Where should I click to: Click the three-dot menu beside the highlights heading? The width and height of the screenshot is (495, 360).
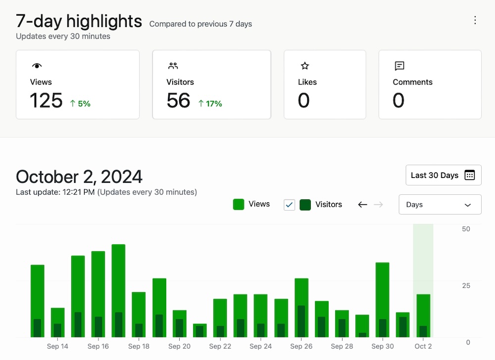tap(475, 20)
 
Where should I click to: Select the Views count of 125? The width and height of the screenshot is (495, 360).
tap(46, 100)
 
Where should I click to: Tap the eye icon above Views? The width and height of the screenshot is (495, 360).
tap(37, 66)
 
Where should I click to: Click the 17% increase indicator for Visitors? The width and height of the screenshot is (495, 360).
tap(210, 103)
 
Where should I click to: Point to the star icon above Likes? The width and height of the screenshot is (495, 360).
tap(305, 66)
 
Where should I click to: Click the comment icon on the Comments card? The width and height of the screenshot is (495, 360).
tap(399, 66)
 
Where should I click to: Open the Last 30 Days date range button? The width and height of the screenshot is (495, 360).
tap(443, 175)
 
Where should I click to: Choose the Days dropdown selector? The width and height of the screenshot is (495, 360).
tap(440, 205)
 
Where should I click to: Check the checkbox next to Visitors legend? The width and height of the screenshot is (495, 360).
tap(290, 205)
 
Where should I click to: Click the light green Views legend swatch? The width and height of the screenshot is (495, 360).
tap(239, 204)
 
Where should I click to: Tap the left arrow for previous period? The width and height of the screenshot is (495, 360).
tap(363, 205)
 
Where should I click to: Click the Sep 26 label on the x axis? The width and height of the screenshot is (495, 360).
tap(301, 346)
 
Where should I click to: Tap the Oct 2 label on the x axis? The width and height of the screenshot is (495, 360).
tap(423, 346)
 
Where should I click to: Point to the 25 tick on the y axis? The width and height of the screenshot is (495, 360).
tap(466, 285)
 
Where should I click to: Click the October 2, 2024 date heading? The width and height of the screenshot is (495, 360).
tap(79, 177)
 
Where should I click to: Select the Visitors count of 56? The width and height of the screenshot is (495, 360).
tap(178, 100)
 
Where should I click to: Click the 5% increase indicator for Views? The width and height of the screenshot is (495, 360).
tap(80, 103)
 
